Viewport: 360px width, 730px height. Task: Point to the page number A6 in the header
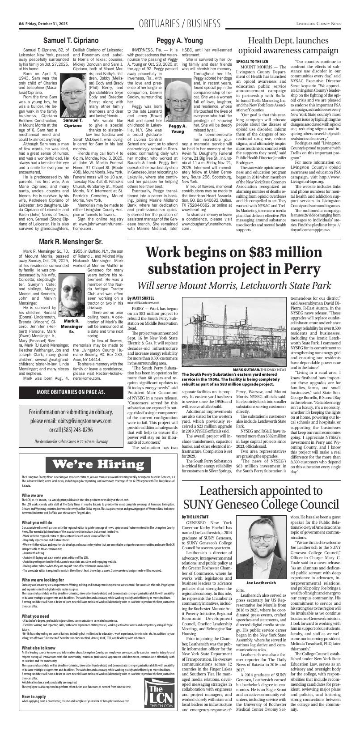tap(21, 23)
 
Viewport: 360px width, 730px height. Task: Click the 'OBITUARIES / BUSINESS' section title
tap(180, 23)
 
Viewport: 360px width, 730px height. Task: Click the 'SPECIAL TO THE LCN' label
tap(252, 60)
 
